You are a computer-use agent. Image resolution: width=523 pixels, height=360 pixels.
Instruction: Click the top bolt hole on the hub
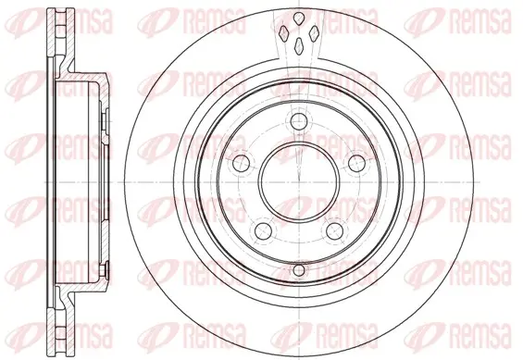tap(298, 121)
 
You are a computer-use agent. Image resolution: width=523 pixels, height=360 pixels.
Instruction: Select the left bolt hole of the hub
tap(242, 163)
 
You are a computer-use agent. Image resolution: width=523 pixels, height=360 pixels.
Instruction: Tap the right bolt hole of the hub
tap(356, 163)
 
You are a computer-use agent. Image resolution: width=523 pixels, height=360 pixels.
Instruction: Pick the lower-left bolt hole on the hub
tap(264, 231)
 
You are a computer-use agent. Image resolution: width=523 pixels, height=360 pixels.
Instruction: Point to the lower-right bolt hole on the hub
tap(334, 231)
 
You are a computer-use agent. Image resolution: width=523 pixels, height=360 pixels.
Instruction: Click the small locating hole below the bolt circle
tap(299, 270)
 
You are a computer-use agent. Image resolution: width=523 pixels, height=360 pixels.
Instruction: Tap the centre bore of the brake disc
tap(298, 182)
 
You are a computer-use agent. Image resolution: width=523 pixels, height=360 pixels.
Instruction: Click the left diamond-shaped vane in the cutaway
tap(283, 33)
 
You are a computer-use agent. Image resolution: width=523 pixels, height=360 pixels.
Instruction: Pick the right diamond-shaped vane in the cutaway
tap(314, 33)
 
